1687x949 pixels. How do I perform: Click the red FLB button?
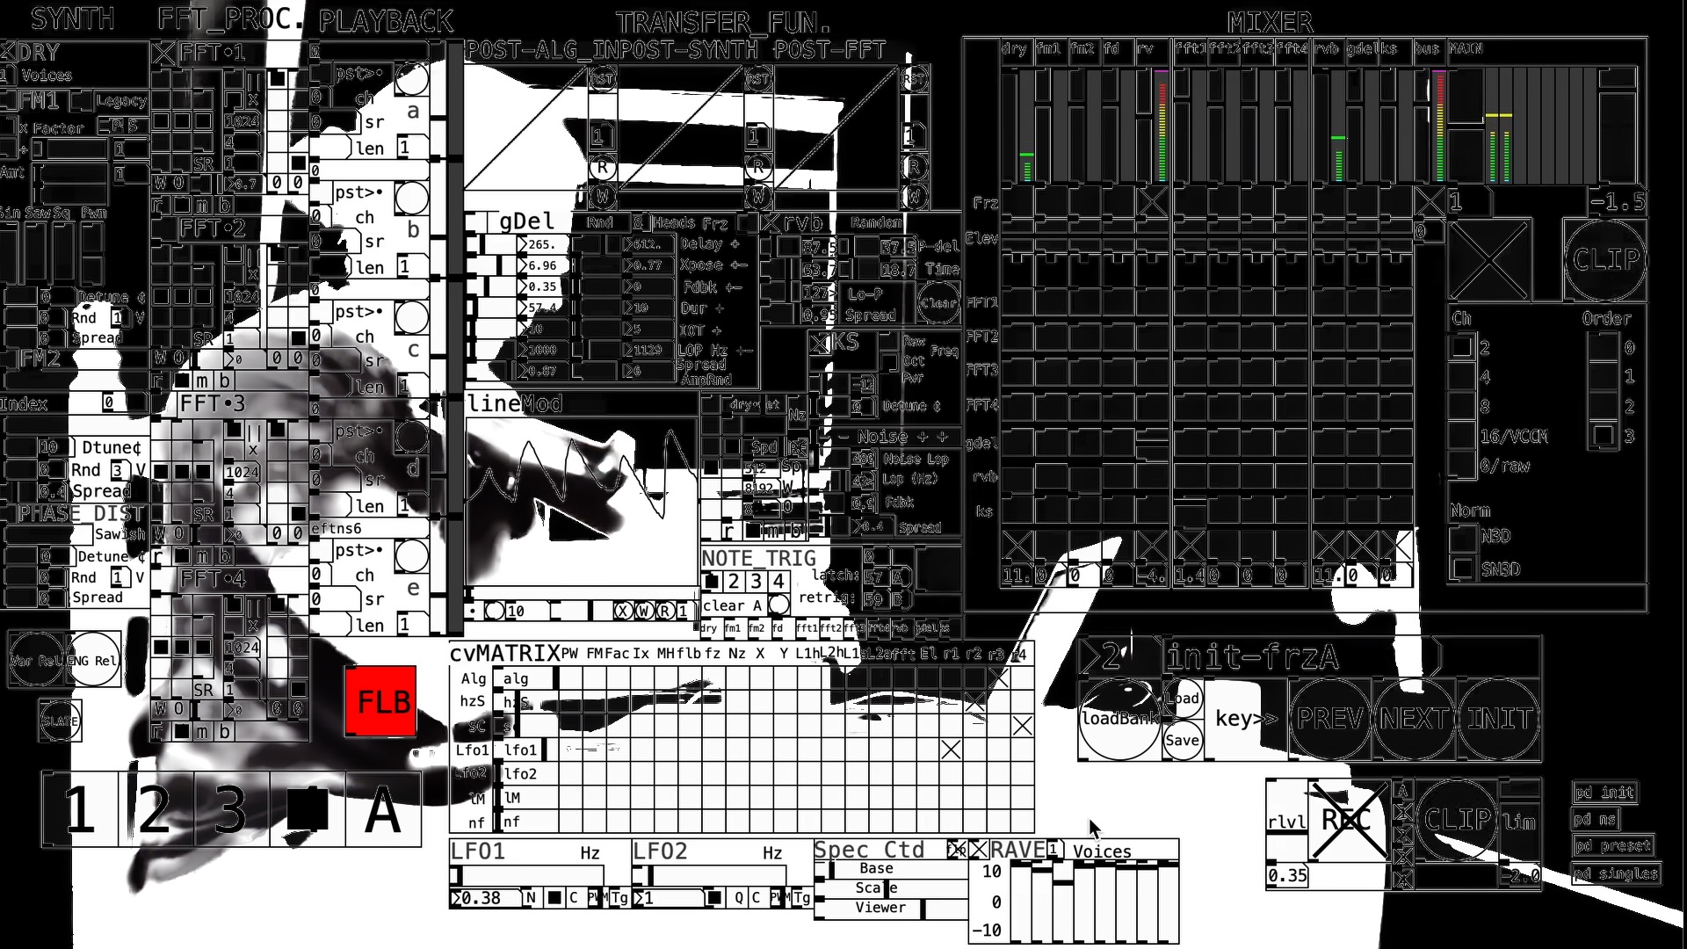pyautogui.click(x=380, y=701)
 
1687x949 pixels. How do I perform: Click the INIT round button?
pyautogui.click(x=1499, y=719)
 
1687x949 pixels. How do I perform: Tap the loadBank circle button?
pyautogui.click(x=1119, y=719)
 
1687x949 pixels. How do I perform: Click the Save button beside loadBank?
pyautogui.click(x=1182, y=740)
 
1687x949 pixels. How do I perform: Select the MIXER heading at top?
pyautogui.click(x=1271, y=22)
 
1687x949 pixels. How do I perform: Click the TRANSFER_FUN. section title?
pyautogui.click(x=722, y=22)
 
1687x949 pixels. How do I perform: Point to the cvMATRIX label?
pyautogui.click(x=504, y=654)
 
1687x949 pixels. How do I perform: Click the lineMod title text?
pyautogui.click(x=515, y=403)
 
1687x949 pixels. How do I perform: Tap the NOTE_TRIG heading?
pyautogui.click(x=758, y=558)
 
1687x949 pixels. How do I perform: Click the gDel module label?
pyautogui.click(x=526, y=221)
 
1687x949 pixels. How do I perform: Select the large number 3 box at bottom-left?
pyautogui.click(x=230, y=809)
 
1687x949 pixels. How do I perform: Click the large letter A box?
pyautogui.click(x=382, y=809)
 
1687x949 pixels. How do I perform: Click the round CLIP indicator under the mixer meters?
pyautogui.click(x=1605, y=259)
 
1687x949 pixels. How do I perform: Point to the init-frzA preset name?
pyautogui.click(x=1251, y=656)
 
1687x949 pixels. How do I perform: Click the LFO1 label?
pyautogui.click(x=478, y=851)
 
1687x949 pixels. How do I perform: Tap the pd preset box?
pyautogui.click(x=1612, y=845)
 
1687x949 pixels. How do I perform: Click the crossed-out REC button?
pyautogui.click(x=1346, y=820)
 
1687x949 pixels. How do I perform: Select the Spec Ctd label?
pyautogui.click(x=868, y=850)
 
